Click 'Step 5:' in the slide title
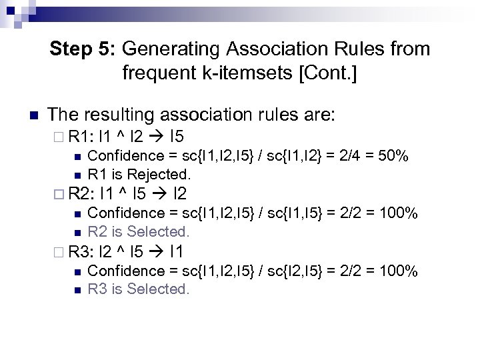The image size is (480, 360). [84, 49]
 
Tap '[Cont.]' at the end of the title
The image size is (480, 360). [329, 72]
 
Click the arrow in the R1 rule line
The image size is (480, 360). [157, 139]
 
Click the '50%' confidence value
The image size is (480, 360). [393, 156]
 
